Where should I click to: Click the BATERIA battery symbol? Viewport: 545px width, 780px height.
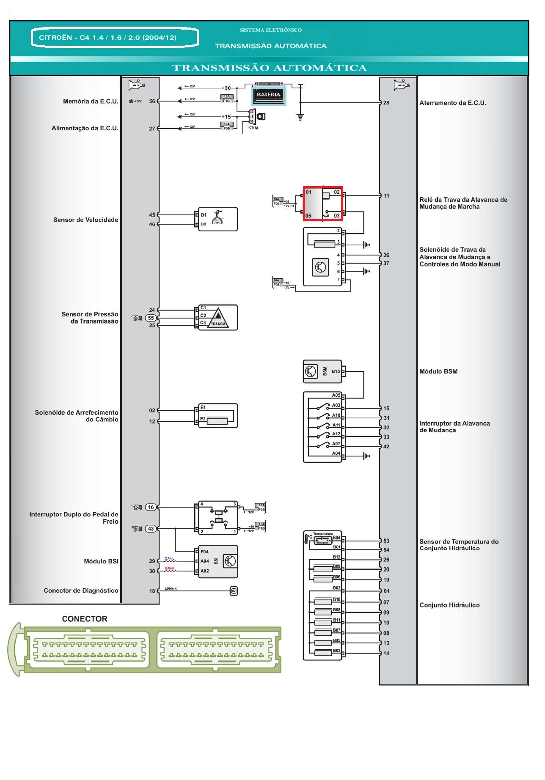[x=269, y=95]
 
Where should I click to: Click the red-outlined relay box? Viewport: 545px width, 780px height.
[x=322, y=203]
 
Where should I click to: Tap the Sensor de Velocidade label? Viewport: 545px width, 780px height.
[x=85, y=220]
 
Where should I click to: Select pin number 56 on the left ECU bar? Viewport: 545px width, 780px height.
[x=152, y=101]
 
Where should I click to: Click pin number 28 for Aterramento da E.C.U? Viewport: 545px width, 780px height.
[x=386, y=103]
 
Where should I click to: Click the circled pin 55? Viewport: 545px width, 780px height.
[x=151, y=318]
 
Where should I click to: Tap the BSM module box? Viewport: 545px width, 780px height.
[x=322, y=371]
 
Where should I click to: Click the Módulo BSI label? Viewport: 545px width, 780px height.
[x=101, y=561]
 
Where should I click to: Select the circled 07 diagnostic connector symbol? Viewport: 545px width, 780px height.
[x=234, y=591]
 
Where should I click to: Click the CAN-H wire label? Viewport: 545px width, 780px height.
[x=170, y=568]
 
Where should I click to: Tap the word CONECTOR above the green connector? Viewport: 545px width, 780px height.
[x=85, y=619]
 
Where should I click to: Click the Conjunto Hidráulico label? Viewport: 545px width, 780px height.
[x=449, y=605]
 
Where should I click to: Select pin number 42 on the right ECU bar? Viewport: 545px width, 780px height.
[x=386, y=447]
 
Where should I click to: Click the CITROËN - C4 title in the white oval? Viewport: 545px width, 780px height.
[x=108, y=38]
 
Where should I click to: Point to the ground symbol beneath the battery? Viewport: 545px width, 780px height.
[x=300, y=117]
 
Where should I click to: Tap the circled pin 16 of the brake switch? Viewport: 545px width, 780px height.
[x=151, y=507]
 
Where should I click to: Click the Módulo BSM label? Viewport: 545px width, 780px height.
[x=438, y=371]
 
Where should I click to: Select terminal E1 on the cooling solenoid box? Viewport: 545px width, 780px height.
[x=203, y=407]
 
